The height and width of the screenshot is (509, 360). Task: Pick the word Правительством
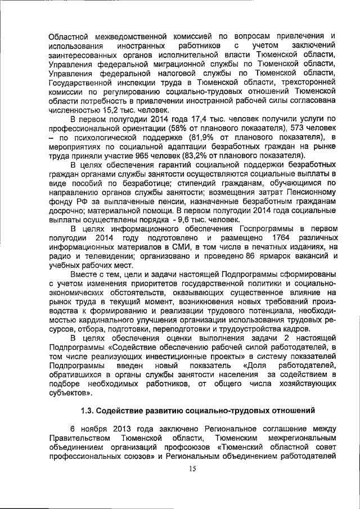coord(77,437)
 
